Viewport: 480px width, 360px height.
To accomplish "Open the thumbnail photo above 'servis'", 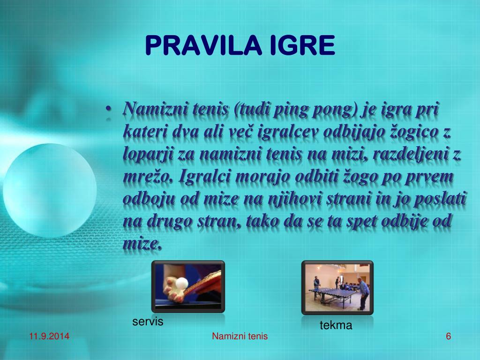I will [x=188, y=286].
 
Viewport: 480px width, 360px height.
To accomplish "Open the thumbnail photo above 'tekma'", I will [x=337, y=287].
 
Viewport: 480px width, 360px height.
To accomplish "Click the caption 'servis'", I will [x=148, y=322].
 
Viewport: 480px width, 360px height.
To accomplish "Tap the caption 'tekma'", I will [x=336, y=325].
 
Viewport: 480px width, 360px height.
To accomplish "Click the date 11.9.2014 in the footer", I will [x=49, y=336].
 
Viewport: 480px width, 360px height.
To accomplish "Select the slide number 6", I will [x=449, y=336].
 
